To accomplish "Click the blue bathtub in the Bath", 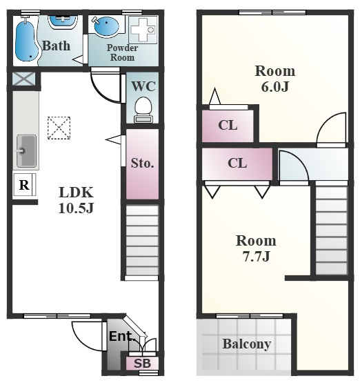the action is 26,41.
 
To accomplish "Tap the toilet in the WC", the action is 143,110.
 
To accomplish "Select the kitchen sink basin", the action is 26,151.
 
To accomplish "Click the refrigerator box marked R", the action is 24,185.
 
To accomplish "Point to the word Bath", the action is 56,46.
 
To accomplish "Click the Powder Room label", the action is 122,52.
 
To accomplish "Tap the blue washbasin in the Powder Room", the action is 106,26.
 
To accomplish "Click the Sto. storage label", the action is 142,163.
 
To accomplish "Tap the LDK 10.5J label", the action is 76,200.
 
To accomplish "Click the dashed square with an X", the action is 59,128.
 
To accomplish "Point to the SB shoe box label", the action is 142,364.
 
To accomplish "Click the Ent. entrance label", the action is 122,337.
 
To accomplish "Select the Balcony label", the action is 247,344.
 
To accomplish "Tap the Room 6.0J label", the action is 275,79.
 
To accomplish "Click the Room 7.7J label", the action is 256,248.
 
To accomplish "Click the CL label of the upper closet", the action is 228,125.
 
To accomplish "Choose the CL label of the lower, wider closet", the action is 237,163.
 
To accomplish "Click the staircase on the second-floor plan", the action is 332,230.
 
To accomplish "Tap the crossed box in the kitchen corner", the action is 24,79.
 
